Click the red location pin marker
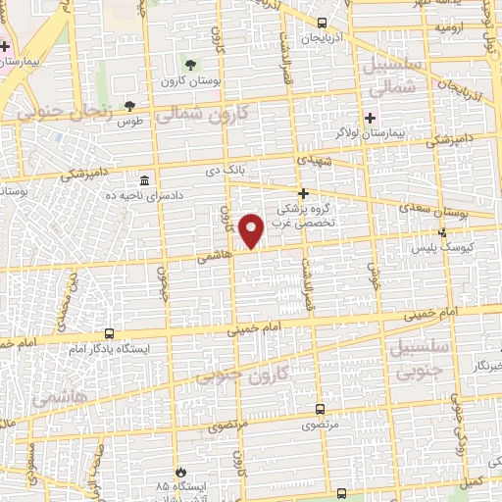(x=252, y=228)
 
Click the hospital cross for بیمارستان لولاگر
(x=368, y=117)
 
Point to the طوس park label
(x=127, y=122)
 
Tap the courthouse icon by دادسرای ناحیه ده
(x=145, y=181)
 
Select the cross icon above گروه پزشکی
(x=304, y=193)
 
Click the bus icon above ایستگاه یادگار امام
(x=109, y=334)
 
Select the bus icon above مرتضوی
(x=321, y=410)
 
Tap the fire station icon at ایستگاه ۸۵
(x=178, y=472)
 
